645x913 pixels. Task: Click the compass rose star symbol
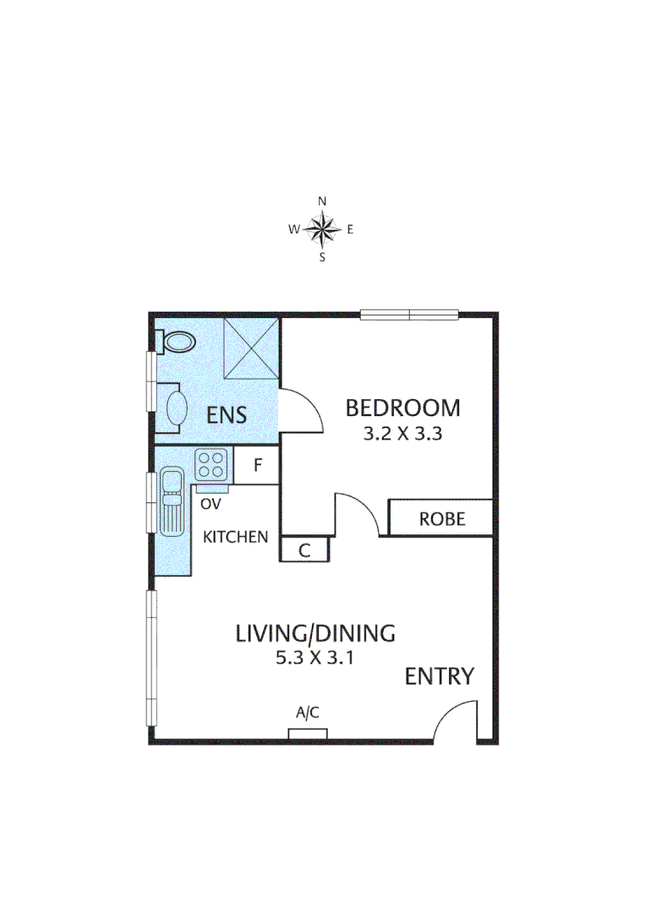click(x=322, y=228)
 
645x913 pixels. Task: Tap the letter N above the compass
click(x=322, y=201)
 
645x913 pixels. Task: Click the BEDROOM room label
click(x=403, y=408)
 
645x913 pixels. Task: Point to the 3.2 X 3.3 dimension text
click(x=403, y=435)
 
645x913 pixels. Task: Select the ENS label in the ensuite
click(x=227, y=415)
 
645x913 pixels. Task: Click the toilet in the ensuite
click(x=176, y=342)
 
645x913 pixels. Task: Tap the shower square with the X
click(x=251, y=348)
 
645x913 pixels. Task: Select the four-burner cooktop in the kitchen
click(x=212, y=463)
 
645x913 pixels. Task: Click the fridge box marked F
click(x=258, y=466)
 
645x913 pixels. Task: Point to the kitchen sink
click(x=172, y=501)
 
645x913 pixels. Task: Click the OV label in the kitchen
click(x=210, y=504)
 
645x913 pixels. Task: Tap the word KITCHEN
click(x=237, y=537)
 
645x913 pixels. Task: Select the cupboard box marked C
click(x=304, y=549)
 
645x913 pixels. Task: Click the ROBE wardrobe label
click(x=442, y=518)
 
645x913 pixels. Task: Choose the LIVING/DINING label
click(x=315, y=632)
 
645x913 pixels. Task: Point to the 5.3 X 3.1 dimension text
click(x=314, y=659)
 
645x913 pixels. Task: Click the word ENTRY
click(x=439, y=676)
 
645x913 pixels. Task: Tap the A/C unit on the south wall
click(x=307, y=732)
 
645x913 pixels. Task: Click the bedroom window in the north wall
click(x=409, y=315)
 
